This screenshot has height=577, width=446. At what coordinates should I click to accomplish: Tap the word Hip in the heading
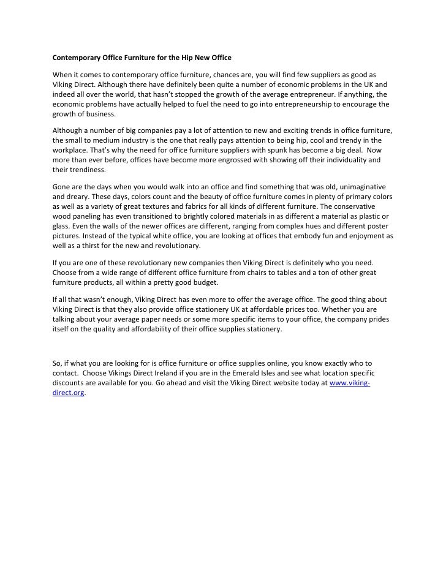coord(186,58)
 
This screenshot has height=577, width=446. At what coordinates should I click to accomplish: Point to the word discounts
coord(70,383)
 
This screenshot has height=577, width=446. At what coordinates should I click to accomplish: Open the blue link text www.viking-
coord(349,383)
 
